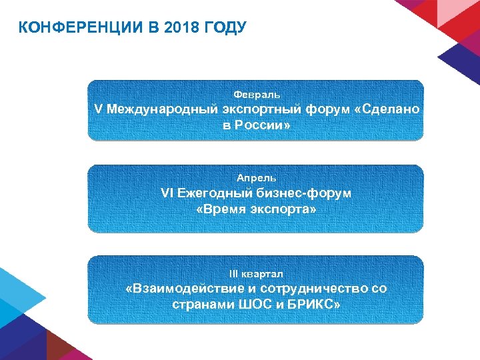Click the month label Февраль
point(257,95)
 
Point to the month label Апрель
point(257,178)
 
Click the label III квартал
point(257,273)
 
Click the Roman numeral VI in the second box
point(167,193)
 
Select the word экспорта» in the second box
point(285,209)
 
